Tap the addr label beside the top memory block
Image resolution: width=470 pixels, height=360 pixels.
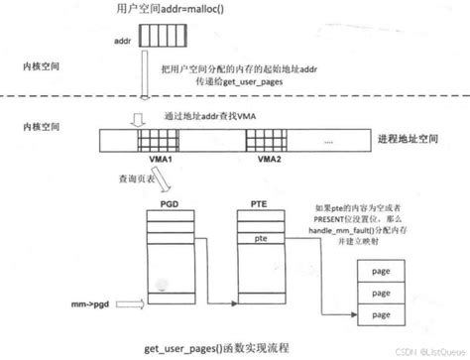(122, 43)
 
